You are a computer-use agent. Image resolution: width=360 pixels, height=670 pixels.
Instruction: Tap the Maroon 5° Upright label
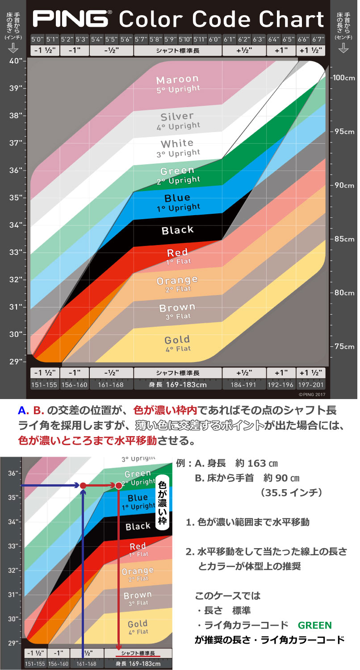[178, 83]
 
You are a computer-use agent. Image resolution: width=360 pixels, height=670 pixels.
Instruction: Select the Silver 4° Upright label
[178, 121]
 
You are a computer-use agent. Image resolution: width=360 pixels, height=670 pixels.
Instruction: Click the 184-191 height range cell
[244, 385]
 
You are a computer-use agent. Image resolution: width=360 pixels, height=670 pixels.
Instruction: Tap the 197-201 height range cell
[312, 385]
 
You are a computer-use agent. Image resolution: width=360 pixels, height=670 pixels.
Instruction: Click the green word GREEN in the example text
[314, 625]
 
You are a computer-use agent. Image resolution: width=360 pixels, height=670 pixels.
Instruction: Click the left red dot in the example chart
[83, 485]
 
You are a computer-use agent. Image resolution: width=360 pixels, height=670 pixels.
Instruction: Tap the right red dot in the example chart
[118, 485]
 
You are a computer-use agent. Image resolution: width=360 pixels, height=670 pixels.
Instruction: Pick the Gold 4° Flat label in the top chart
[177, 343]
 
